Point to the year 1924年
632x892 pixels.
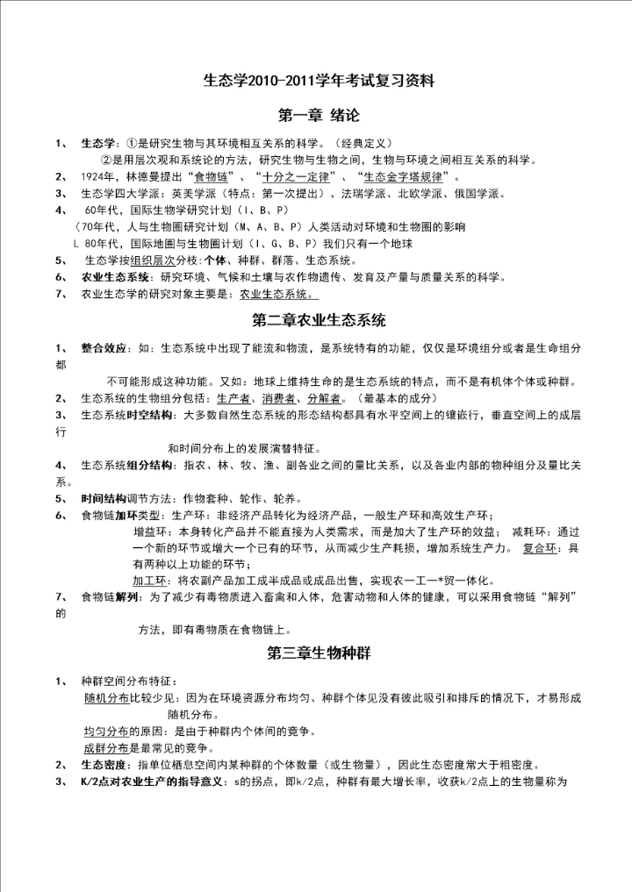click(x=111, y=177)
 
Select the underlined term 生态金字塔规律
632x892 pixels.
click(x=404, y=177)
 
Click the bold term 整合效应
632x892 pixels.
click(x=103, y=348)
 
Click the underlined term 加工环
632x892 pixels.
click(x=151, y=581)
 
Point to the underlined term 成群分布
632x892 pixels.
click(x=106, y=748)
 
